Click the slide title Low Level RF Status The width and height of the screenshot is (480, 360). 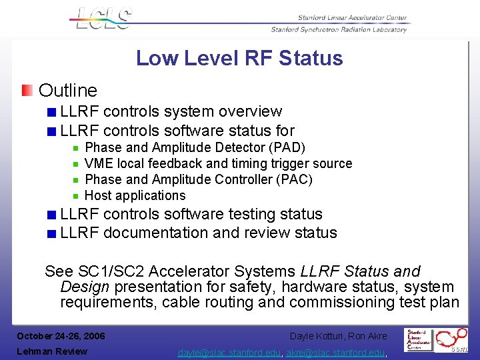pyautogui.click(x=239, y=59)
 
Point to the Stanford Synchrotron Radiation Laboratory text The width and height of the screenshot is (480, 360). pyautogui.click(x=339, y=30)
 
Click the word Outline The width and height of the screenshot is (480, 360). pyautogui.click(x=68, y=91)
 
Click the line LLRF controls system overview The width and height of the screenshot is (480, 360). pyautogui.click(x=171, y=111)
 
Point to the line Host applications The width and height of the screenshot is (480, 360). pyautogui.click(x=135, y=195)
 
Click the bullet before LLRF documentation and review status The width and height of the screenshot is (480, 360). pyautogui.click(x=51, y=233)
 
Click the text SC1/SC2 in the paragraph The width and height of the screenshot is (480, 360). pyautogui.click(x=111, y=271)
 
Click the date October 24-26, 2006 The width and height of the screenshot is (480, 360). pyautogui.click(x=61, y=335)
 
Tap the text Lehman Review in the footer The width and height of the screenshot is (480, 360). pyautogui.click(x=52, y=351)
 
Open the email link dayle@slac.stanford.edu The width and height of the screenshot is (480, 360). pyautogui.click(x=230, y=352)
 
